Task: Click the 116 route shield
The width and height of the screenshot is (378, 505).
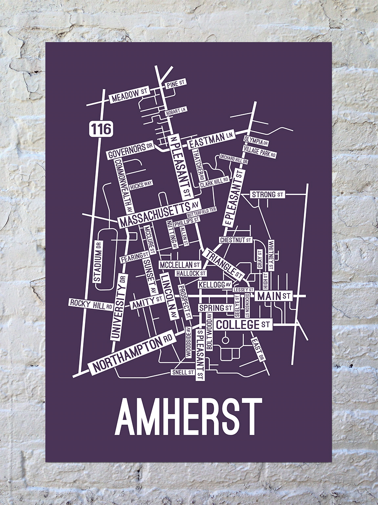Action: click(x=101, y=128)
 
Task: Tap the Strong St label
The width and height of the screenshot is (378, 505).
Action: click(x=268, y=194)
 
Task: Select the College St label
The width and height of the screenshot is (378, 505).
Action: click(x=243, y=324)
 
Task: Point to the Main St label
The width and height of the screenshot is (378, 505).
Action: click(x=274, y=296)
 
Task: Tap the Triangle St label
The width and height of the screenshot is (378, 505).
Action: click(x=223, y=264)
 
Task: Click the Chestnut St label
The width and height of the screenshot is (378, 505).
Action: click(x=236, y=240)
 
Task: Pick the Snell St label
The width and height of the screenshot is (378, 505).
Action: click(x=182, y=372)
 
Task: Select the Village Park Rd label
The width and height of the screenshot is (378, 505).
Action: click(x=260, y=152)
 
